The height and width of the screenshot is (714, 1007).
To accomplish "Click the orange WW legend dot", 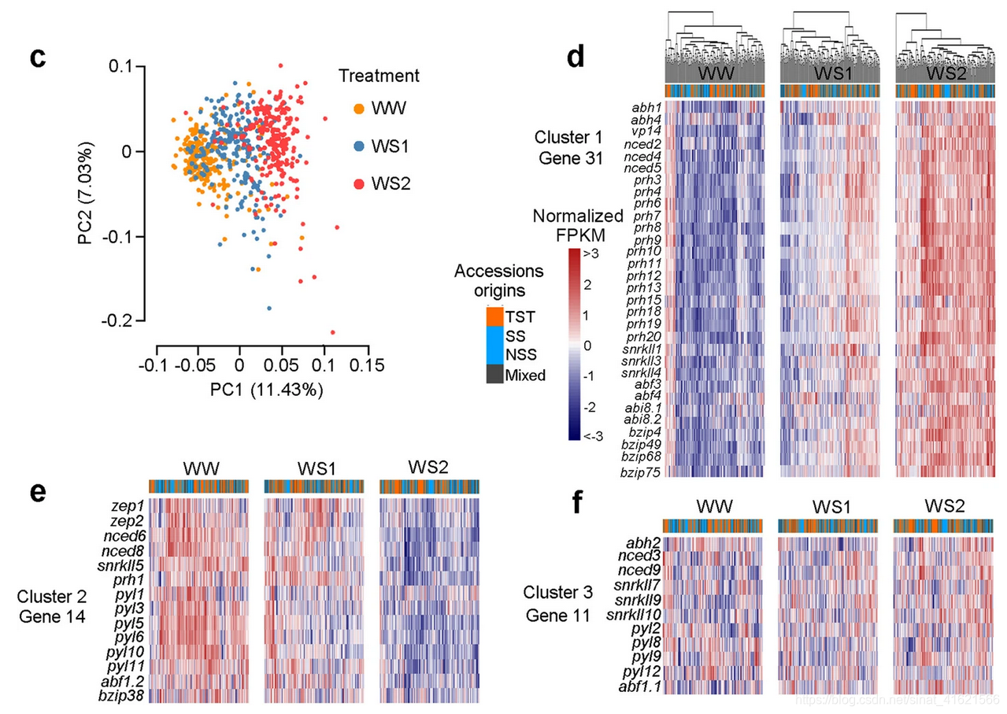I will coord(359,109).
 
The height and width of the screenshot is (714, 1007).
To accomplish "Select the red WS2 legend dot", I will coord(359,183).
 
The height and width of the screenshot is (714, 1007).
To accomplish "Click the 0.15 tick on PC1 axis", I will coord(365,366).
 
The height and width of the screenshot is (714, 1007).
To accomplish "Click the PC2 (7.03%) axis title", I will coord(91,194).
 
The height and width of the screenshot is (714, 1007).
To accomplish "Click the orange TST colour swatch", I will coord(494,316).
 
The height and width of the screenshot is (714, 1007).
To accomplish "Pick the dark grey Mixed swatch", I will coord(494,375).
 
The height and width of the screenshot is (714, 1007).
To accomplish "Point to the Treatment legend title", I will coord(379,76).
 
